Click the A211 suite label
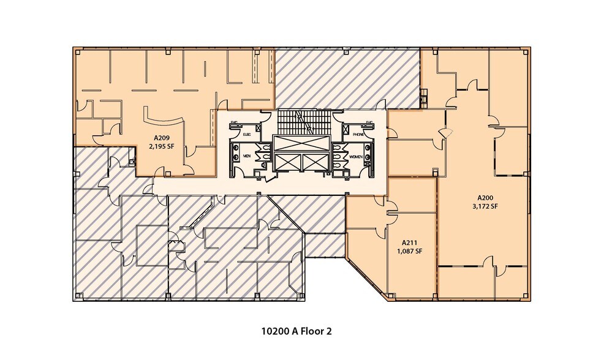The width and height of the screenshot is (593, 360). [410, 242]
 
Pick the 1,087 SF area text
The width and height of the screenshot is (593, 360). [410, 251]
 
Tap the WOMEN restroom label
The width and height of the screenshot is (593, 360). [356, 156]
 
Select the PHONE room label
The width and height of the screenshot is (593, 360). [358, 133]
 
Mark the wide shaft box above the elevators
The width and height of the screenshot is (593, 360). [300, 142]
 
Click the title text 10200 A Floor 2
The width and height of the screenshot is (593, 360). [296, 331]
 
